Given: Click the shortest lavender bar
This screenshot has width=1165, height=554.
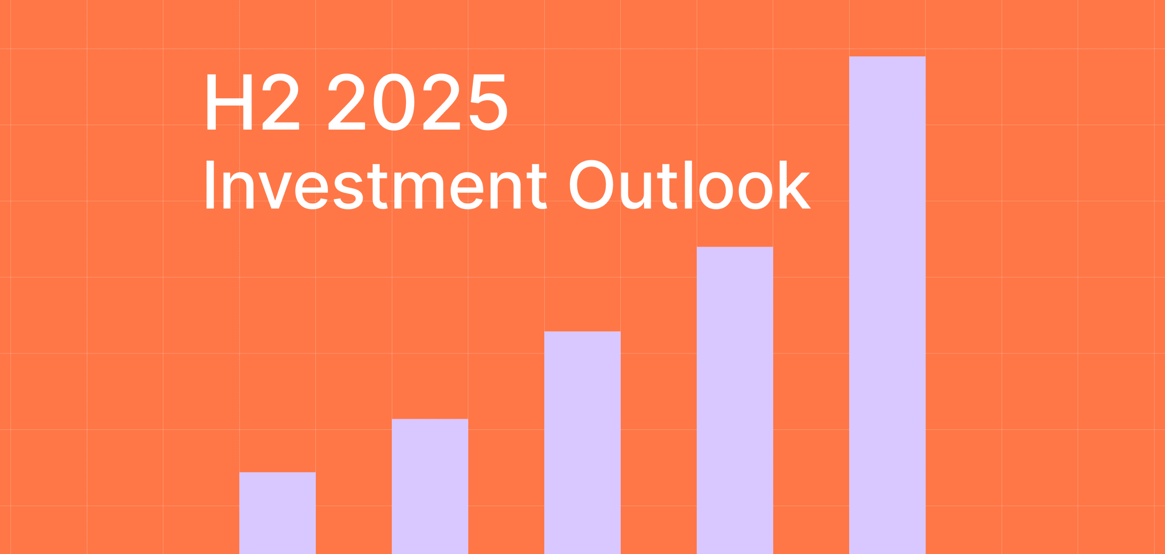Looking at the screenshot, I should pos(277,513).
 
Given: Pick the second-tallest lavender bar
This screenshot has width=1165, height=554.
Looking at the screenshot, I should pos(734,400).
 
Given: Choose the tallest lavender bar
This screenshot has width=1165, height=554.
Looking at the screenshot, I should pos(887,305).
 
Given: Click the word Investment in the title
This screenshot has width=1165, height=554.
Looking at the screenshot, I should pos(376,185).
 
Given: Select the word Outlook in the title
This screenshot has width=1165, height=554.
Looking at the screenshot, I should pos(689,185).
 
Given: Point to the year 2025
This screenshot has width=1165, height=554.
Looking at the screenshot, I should pos(417,102).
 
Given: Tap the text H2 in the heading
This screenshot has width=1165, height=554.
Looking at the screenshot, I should pos(253,102).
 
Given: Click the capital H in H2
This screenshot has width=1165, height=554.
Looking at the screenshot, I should pos(229,102).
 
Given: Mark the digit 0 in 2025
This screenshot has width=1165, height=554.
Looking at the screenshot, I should pos(394,102).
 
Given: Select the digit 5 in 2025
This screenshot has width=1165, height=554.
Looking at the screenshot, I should pos(488,102).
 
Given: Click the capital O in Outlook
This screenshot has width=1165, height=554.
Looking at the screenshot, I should pos(591,185).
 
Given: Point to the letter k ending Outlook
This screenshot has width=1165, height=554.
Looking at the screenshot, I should pos(794,185).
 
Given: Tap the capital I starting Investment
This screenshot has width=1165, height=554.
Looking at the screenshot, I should pos(210,185).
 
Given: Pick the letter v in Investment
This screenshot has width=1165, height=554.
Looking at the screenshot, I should pos(275,191).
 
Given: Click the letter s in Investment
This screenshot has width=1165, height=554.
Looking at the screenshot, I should pos(348,191).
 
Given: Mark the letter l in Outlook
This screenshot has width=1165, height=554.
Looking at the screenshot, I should pos(688,185).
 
